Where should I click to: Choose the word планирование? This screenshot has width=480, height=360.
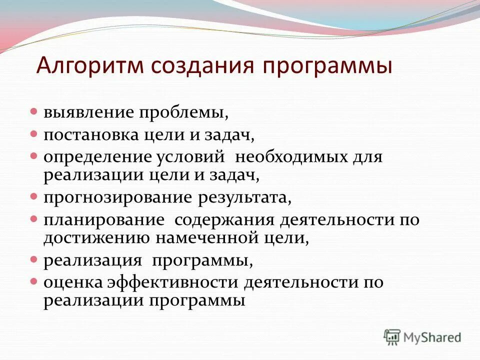coord(104,220)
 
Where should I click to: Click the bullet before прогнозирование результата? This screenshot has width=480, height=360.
coord(34,195)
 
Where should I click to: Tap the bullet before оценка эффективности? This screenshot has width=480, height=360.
coord(34,281)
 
